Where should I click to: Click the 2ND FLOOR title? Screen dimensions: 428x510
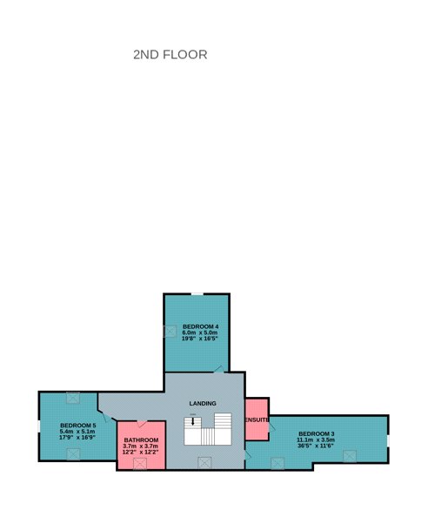(171, 55)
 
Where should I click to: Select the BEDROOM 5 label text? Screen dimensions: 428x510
(78, 426)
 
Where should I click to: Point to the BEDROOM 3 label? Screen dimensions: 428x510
(316, 434)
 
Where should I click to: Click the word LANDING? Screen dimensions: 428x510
(203, 403)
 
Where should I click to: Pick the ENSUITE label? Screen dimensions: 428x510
(257, 419)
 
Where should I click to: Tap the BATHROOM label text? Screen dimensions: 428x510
(141, 440)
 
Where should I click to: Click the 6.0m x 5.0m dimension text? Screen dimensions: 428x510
(200, 332)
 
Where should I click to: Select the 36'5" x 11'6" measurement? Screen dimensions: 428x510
(316, 446)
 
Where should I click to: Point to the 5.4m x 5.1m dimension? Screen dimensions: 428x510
(77, 432)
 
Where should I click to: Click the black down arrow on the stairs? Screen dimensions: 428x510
(193, 421)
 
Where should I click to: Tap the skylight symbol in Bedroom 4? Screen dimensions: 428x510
(170, 332)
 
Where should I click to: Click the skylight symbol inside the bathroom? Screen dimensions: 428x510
(140, 464)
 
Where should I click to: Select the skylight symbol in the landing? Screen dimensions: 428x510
(204, 462)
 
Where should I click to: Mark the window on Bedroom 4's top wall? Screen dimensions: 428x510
(197, 294)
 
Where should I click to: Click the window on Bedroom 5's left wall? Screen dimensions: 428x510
(39, 426)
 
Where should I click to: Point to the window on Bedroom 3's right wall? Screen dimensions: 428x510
(388, 440)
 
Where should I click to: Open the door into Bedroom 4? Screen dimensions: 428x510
(219, 370)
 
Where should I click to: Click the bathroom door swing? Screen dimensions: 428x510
(142, 424)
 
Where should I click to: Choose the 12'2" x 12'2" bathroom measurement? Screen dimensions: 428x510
(140, 452)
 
